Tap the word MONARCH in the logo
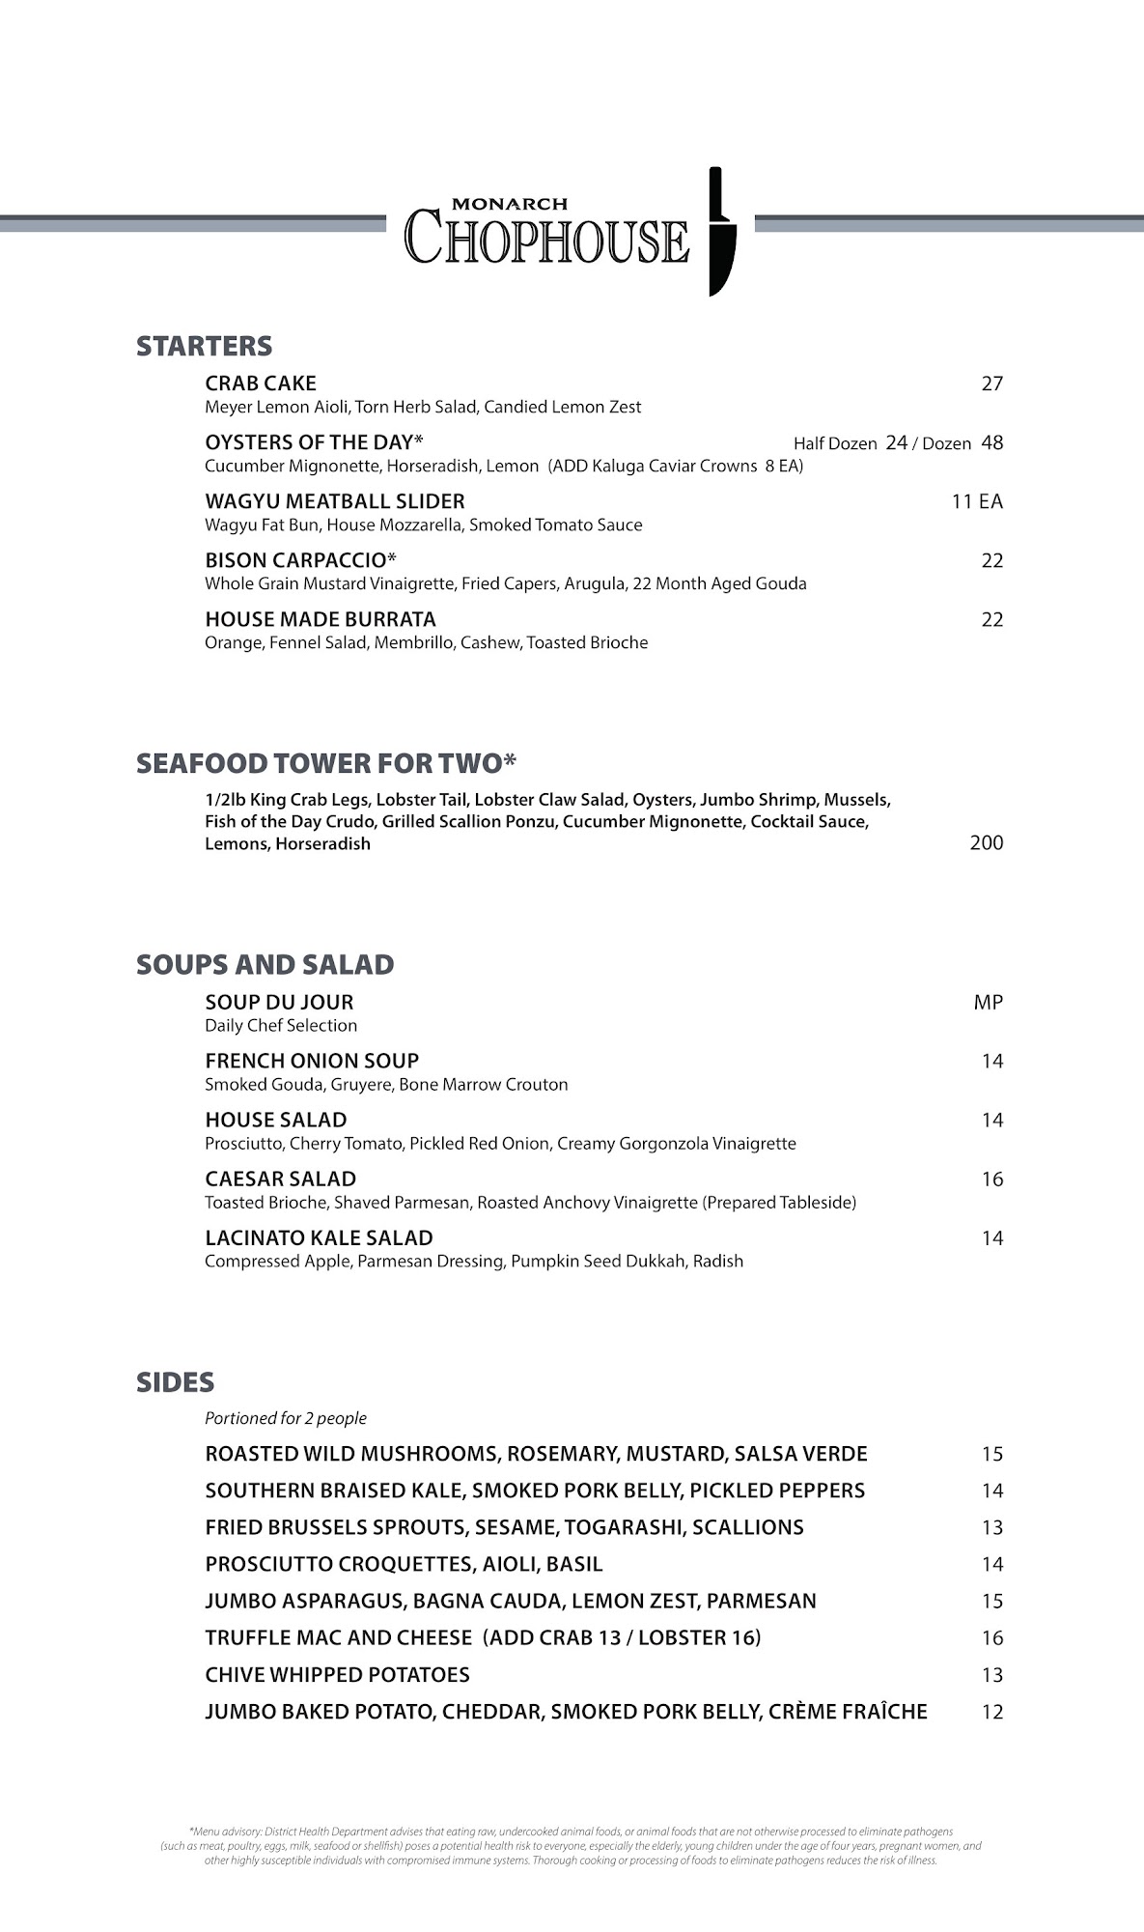510,204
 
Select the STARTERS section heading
204,346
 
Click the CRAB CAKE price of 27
991,384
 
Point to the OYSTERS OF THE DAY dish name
314,442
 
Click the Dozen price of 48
991,442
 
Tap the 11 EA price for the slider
977,501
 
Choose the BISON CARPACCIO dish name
300,560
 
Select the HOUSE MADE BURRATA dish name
321,619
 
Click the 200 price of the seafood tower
986,842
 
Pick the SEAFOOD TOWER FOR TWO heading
326,763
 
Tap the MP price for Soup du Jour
988,1003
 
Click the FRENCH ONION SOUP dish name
312,1061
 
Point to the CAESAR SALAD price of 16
991,1179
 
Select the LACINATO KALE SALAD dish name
319,1238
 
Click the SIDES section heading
175,1382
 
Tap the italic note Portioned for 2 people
286,1418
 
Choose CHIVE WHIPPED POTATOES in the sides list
337,1675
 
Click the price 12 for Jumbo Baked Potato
991,1713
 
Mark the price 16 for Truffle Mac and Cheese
991,1638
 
